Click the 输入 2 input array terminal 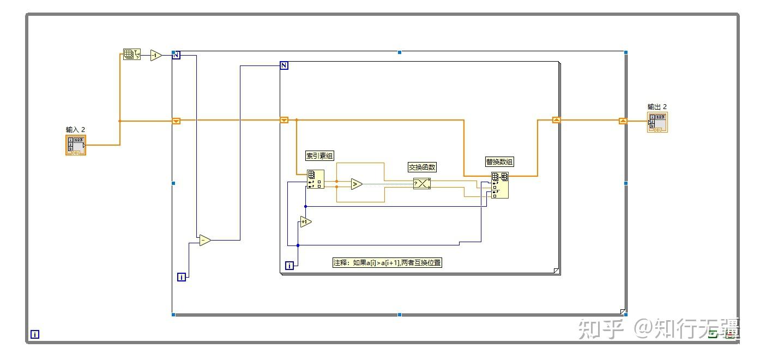[x=76, y=145]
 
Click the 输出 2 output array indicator [x=658, y=122]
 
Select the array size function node [x=131, y=55]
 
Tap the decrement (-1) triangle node [x=156, y=55]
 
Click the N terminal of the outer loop [x=176, y=55]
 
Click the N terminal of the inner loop [x=284, y=65]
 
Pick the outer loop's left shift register [x=176, y=121]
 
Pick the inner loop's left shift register [x=284, y=120]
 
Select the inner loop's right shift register [x=556, y=120]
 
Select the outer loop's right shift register [x=623, y=121]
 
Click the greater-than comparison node [x=356, y=184]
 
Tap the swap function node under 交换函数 [x=421, y=184]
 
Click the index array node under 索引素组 [x=315, y=179]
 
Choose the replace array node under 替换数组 [x=500, y=185]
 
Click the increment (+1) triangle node [x=305, y=221]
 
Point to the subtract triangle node [x=204, y=240]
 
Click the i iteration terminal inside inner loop [x=289, y=266]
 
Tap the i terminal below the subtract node [x=182, y=277]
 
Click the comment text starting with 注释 [x=387, y=263]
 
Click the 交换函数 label [x=422, y=167]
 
